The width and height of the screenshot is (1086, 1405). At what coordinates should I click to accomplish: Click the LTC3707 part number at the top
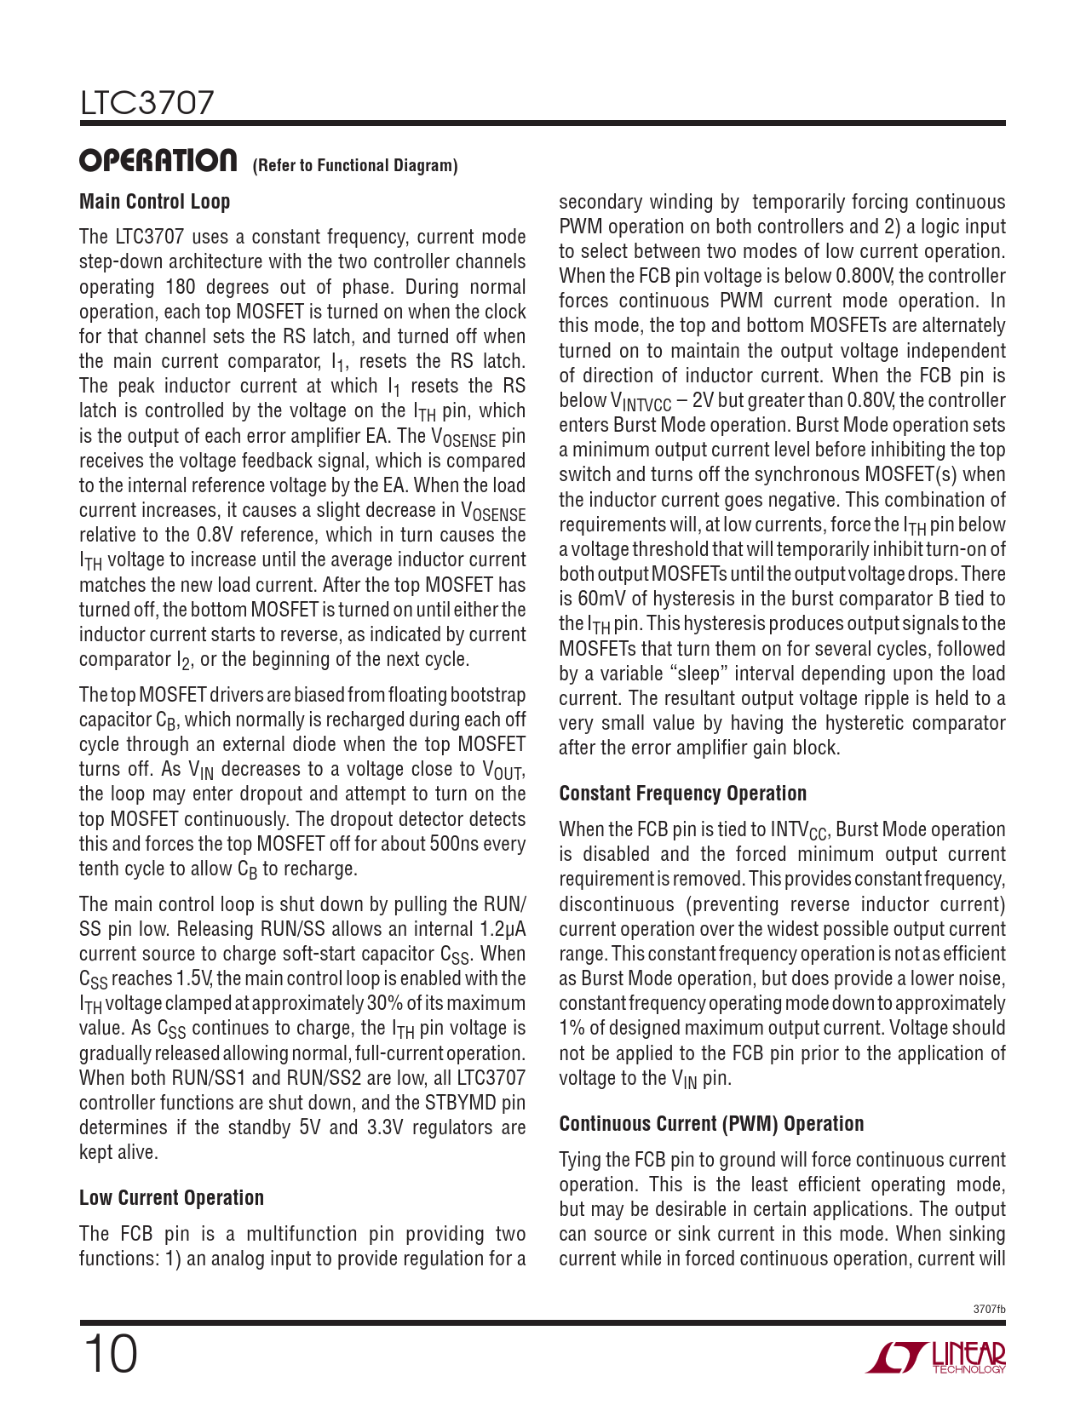pyautogui.click(x=147, y=103)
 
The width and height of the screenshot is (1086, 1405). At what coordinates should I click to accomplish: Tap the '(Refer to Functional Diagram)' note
pyautogui.click(x=355, y=165)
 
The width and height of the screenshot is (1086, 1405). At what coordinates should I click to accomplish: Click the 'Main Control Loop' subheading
pyautogui.click(x=154, y=202)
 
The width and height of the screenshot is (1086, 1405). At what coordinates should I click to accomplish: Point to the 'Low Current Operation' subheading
pyautogui.click(x=171, y=1198)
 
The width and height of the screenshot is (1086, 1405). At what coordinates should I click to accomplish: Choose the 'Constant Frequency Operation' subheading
pyautogui.click(x=682, y=794)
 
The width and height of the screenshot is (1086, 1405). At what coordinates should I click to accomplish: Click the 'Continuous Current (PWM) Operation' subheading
pyautogui.click(x=711, y=1124)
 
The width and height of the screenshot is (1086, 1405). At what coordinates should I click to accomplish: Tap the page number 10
pyautogui.click(x=110, y=1355)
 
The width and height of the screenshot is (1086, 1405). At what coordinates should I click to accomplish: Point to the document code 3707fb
pyautogui.click(x=989, y=1309)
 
